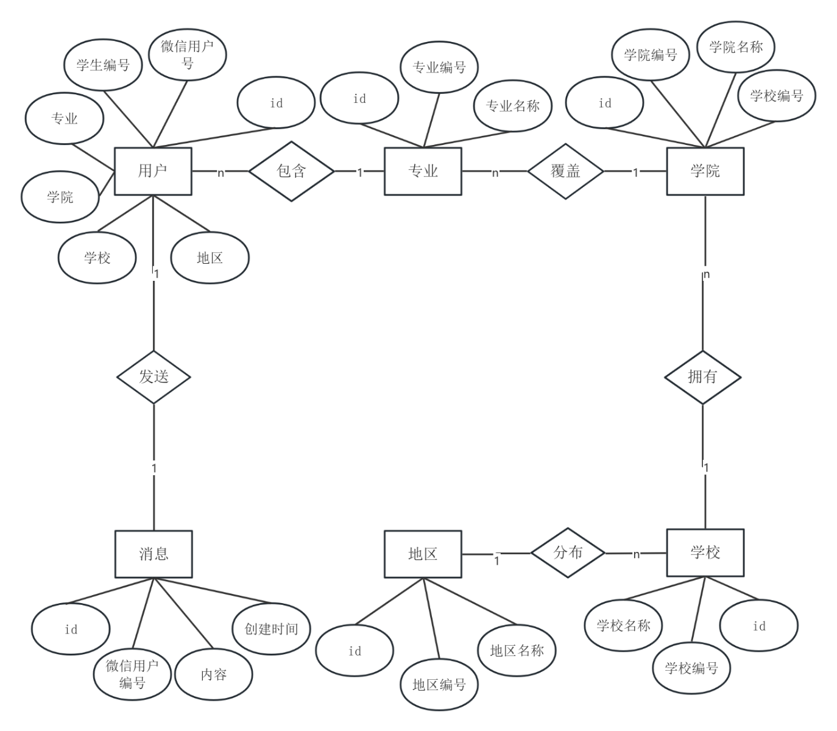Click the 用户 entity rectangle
(x=153, y=171)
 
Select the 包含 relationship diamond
(x=291, y=171)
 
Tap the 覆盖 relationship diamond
(x=565, y=171)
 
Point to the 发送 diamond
(x=154, y=377)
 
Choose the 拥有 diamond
(x=702, y=377)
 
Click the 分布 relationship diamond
(x=568, y=553)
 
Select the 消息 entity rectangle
(x=154, y=554)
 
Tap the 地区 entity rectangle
(x=423, y=554)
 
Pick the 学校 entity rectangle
(x=705, y=553)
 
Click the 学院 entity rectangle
(x=705, y=171)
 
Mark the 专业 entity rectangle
(x=423, y=171)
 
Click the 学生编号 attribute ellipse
(x=103, y=65)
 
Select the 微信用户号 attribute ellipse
(x=188, y=54)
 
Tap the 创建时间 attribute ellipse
(x=272, y=629)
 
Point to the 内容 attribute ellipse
(x=214, y=674)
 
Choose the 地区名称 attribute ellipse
(x=517, y=651)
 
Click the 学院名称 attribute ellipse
(x=736, y=47)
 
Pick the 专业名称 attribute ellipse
(x=513, y=106)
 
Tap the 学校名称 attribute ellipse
(x=623, y=625)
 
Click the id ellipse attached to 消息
(x=71, y=629)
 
